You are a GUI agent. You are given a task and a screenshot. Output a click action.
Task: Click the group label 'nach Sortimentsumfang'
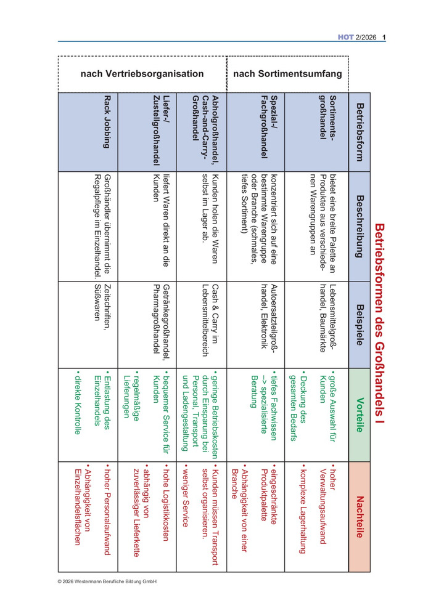288,74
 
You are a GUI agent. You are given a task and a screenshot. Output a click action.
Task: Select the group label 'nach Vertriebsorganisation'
142,74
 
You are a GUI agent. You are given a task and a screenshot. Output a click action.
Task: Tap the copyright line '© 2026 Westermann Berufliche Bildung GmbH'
107,581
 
